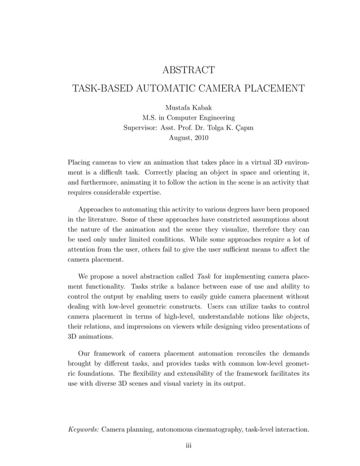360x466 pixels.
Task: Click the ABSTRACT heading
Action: (188, 70)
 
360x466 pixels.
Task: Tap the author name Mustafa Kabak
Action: (188, 107)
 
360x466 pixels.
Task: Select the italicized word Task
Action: (203, 277)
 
